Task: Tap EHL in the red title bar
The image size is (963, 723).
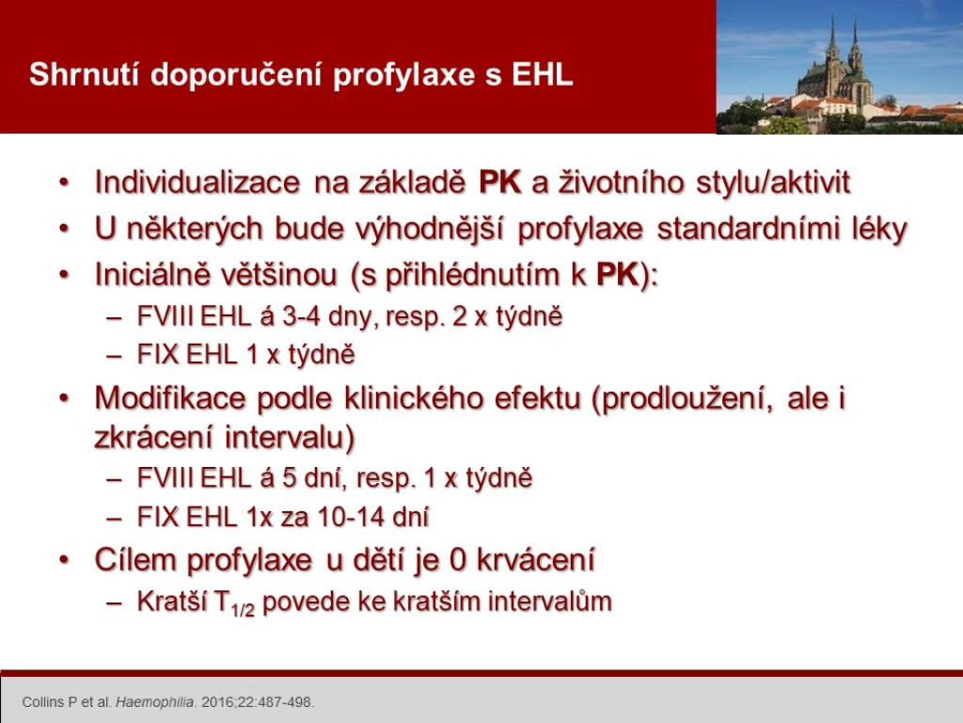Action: click(543, 74)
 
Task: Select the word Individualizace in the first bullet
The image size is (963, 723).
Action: click(197, 182)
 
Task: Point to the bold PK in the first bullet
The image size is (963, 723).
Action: click(500, 182)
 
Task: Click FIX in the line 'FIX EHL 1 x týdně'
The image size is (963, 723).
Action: click(158, 355)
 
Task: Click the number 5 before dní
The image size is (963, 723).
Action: click(290, 478)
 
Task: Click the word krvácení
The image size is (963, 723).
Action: click(535, 559)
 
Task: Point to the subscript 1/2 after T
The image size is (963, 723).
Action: click(243, 609)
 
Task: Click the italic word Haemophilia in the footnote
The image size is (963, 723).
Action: click(155, 702)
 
